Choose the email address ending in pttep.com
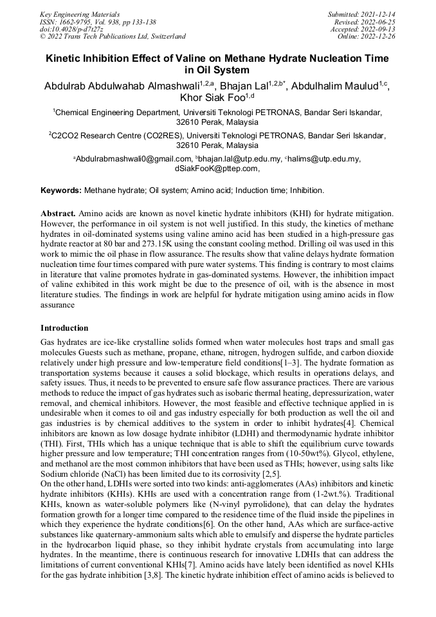click(x=217, y=169)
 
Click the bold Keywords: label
click(x=61, y=190)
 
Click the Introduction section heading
click(x=64, y=328)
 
